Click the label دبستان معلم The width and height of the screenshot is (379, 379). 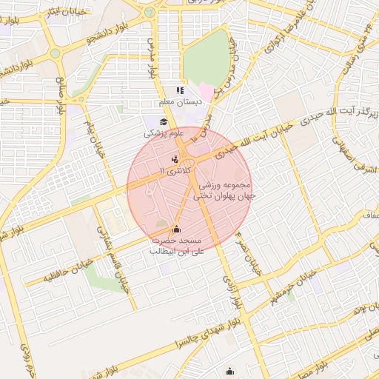pos(177,101)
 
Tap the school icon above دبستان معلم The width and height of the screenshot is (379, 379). pos(180,90)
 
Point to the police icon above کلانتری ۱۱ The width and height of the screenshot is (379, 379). pos(175,158)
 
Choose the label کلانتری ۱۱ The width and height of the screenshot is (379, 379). pos(176,170)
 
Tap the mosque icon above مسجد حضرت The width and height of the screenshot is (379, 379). pos(176,229)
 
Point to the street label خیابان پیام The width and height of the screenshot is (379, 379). pos(93,137)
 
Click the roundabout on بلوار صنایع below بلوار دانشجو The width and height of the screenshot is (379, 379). pos(55,53)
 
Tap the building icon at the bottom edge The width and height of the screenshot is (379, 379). pos(230,372)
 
